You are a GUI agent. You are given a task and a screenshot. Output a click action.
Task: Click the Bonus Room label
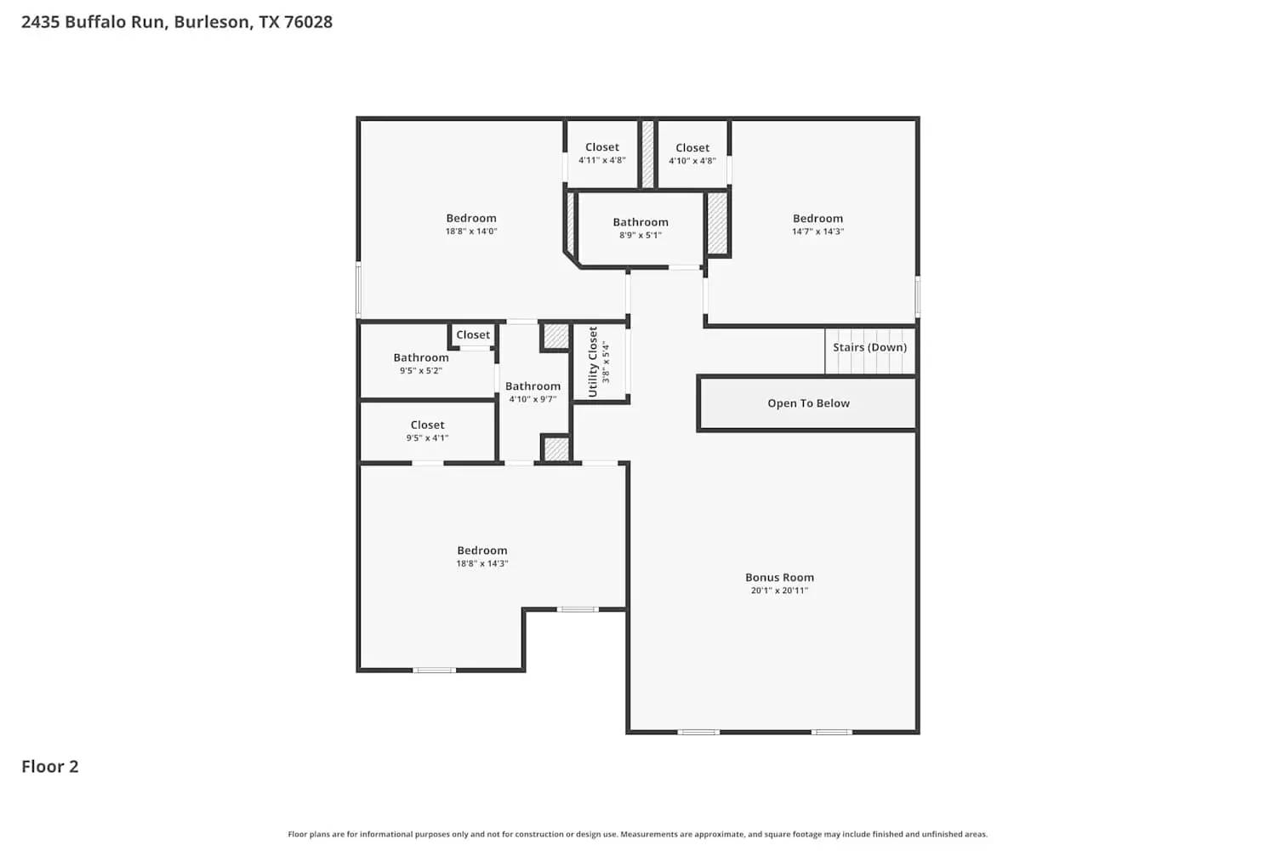779,577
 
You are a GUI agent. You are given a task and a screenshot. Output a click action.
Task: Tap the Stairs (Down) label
869,347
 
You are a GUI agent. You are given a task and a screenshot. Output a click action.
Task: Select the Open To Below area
807,403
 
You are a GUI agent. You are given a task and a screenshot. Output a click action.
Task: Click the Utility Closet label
593,362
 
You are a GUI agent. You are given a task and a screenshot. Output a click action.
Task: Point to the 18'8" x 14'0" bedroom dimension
471,231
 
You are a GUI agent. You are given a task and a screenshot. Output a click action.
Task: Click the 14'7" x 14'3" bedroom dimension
817,231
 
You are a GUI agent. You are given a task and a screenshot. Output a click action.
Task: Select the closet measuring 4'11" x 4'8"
602,153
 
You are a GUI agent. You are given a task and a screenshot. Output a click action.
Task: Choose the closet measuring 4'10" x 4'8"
692,154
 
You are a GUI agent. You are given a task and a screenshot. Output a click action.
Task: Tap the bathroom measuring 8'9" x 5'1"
641,228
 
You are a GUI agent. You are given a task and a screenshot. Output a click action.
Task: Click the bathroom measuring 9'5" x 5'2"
421,363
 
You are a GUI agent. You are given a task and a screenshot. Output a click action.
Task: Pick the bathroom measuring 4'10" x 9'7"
533,392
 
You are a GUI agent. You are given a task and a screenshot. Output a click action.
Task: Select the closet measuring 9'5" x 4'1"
427,431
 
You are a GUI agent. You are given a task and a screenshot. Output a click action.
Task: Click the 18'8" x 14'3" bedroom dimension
481,563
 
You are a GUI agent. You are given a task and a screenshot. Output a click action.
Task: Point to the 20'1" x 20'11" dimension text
779,591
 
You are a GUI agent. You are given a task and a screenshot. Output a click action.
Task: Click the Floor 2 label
50,767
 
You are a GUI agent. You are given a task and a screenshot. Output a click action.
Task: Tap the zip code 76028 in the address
308,22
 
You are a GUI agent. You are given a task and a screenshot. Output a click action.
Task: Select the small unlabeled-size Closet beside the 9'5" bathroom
473,335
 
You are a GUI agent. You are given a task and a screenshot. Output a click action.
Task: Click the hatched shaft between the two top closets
647,154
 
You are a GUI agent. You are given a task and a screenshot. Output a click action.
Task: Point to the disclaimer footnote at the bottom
638,835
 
